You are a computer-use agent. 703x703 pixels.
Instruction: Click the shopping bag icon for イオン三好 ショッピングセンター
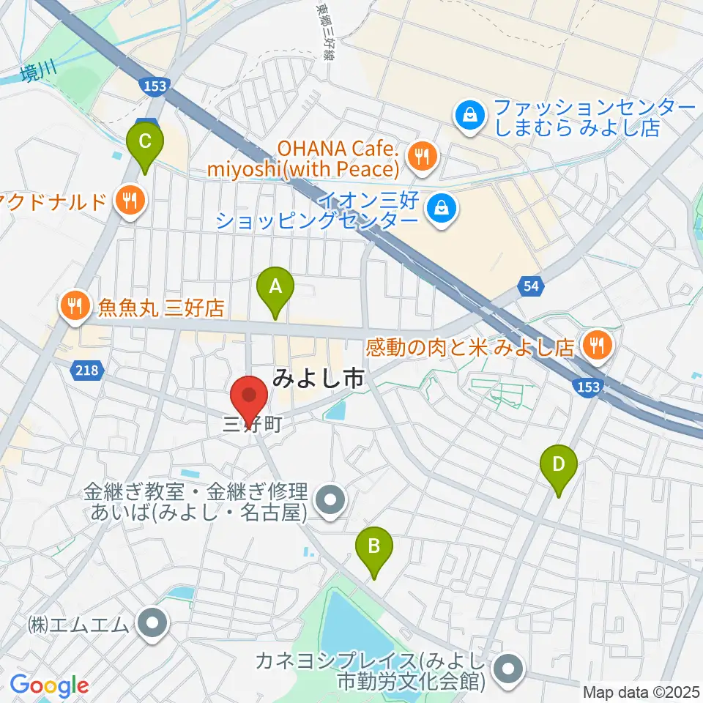(x=443, y=208)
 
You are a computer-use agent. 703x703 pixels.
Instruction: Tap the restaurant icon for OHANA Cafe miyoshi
(x=422, y=156)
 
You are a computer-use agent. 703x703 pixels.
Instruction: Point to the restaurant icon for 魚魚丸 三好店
(x=75, y=305)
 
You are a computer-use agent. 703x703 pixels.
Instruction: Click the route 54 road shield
(x=532, y=287)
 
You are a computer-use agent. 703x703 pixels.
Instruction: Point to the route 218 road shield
(x=87, y=371)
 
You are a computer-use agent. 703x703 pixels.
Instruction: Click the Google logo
(x=49, y=685)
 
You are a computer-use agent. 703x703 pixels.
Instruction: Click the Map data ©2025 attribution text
(x=641, y=691)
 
